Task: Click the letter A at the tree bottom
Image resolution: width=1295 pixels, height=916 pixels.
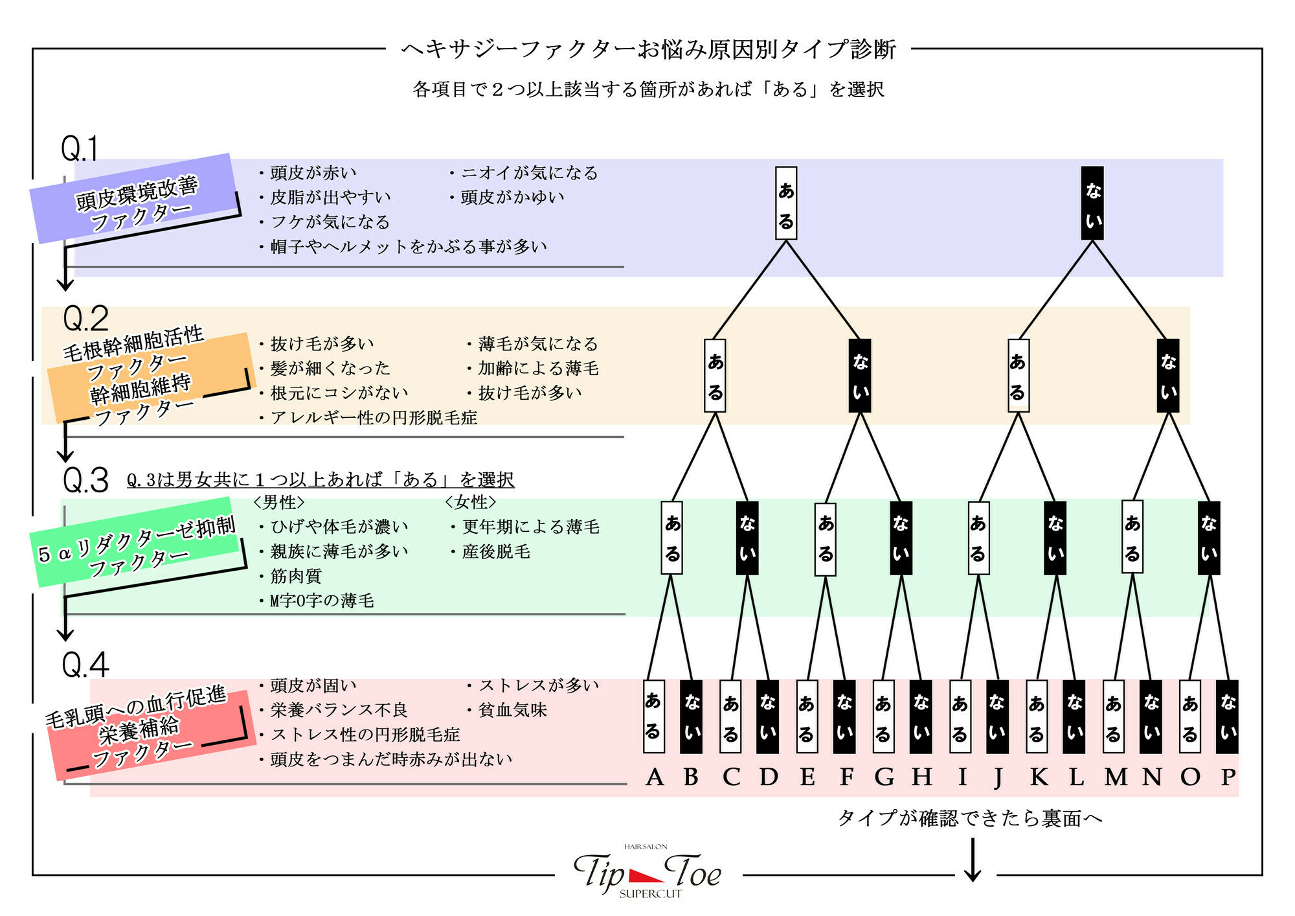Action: point(655,776)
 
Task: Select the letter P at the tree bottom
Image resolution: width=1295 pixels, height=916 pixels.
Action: point(1228,776)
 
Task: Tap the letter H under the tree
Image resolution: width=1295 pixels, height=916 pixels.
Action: point(921,776)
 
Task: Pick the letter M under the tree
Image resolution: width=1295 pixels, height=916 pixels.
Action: point(1115,776)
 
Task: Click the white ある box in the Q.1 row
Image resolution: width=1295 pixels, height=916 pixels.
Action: point(786,203)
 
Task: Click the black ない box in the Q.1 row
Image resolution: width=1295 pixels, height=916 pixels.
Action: point(1092,203)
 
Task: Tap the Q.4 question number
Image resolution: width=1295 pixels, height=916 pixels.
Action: point(85,665)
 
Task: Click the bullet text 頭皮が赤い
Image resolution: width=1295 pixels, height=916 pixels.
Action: point(313,173)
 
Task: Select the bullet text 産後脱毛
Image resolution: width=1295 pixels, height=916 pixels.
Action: point(496,552)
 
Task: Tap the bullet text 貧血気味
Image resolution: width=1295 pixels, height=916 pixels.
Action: point(512,710)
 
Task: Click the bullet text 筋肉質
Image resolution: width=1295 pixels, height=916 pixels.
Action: point(296,576)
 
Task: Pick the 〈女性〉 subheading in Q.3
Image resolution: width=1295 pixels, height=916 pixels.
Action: point(471,502)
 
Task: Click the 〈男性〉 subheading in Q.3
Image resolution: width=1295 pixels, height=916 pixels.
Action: point(279,502)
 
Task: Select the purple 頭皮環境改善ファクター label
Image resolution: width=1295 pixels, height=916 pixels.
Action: point(135,199)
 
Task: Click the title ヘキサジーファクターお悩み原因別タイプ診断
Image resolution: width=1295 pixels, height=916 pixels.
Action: point(648,49)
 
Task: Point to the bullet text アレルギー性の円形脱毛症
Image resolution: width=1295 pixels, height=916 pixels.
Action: point(374,418)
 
